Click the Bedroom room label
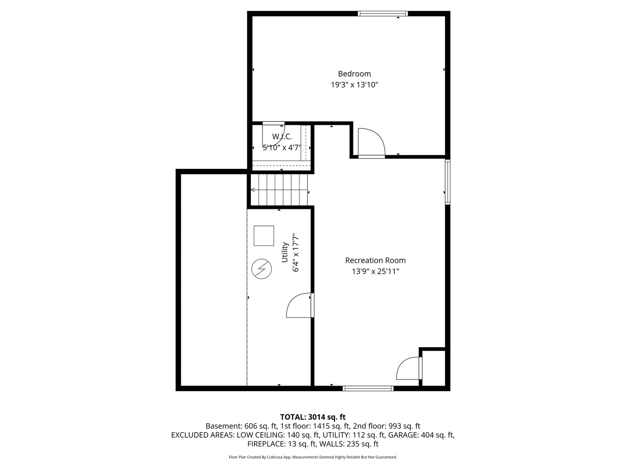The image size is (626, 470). tap(354, 74)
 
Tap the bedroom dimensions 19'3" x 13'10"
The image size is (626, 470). tap(354, 85)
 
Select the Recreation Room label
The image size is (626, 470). tap(375, 260)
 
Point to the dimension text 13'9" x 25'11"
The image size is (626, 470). tap(375, 271)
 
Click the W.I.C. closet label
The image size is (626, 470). tap(282, 137)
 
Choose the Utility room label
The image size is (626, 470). tap(285, 252)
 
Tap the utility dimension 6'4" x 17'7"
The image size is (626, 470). tap(296, 252)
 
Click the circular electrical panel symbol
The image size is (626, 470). tap(262, 269)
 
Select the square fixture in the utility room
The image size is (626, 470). tap(264, 236)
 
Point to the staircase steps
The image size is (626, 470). tap(279, 190)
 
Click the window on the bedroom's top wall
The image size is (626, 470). tap(383, 13)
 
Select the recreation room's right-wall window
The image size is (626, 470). tap(448, 182)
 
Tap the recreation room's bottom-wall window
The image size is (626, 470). tap(368, 388)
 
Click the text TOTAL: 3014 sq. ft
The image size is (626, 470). tap(313, 417)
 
